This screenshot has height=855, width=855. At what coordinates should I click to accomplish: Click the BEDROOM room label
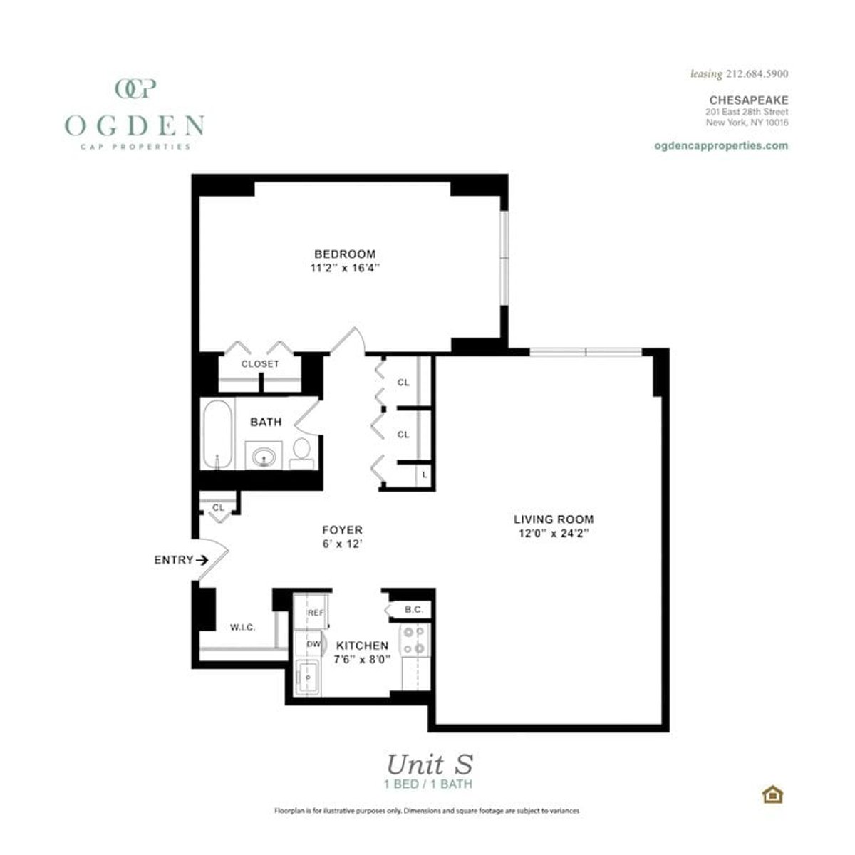pyautogui.click(x=345, y=254)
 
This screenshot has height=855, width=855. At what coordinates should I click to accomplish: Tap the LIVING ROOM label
pyautogui.click(x=554, y=519)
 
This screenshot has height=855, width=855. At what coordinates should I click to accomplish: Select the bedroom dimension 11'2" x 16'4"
pyautogui.click(x=345, y=269)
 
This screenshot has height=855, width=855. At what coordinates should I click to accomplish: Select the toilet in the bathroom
pyautogui.click(x=301, y=452)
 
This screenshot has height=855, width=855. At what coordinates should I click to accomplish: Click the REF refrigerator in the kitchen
pyautogui.click(x=315, y=612)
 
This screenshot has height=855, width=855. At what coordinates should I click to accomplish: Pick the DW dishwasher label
pyautogui.click(x=313, y=644)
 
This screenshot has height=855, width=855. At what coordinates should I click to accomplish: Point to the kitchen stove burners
pyautogui.click(x=414, y=640)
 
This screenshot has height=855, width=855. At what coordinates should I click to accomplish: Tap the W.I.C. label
pyautogui.click(x=242, y=627)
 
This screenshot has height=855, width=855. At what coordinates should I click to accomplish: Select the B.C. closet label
pyautogui.click(x=414, y=610)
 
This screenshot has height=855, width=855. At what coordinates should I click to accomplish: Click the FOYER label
pyautogui.click(x=342, y=530)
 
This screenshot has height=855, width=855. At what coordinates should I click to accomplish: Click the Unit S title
pyautogui.click(x=429, y=765)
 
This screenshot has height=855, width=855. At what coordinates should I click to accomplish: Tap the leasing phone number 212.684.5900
pyautogui.click(x=757, y=73)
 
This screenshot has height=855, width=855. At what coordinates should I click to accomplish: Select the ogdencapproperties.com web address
pyautogui.click(x=720, y=145)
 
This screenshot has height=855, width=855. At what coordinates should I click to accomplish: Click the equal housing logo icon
pyautogui.click(x=772, y=794)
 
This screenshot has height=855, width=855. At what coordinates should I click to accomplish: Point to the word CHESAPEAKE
pyautogui.click(x=748, y=100)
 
